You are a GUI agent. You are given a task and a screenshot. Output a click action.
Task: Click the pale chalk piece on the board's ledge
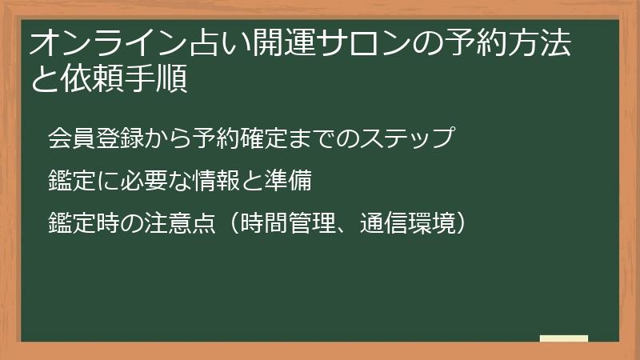point(563,338)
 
